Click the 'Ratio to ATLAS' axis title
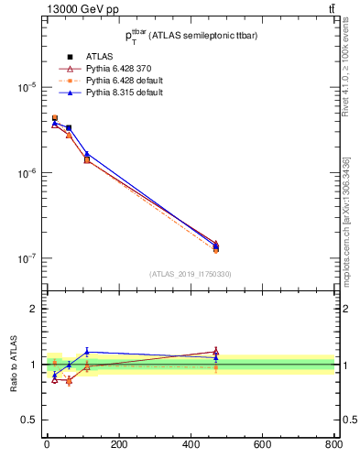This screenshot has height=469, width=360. click(x=14, y=365)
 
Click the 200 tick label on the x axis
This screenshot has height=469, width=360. click(x=118, y=445)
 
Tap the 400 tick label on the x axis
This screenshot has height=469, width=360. click(x=190, y=445)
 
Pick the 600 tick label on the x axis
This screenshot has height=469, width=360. click(x=262, y=445)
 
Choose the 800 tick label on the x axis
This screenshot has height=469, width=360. click(x=332, y=445)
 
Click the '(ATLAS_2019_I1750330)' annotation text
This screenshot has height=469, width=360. click(x=191, y=274)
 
